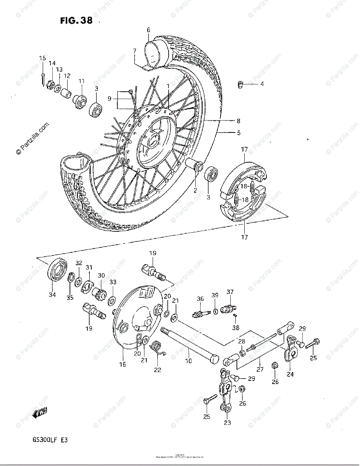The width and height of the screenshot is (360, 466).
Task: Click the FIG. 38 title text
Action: [x=77, y=21]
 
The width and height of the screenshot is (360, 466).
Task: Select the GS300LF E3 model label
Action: [x=51, y=441]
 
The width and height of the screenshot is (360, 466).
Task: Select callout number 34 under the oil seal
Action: [x=52, y=294]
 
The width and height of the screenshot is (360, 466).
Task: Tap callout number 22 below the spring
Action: [x=157, y=370]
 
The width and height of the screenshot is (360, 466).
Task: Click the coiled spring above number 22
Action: [x=158, y=346]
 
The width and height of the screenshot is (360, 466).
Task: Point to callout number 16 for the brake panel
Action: [x=123, y=364]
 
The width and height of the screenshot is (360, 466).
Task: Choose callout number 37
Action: [x=230, y=292]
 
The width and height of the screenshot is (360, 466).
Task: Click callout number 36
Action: [x=200, y=299]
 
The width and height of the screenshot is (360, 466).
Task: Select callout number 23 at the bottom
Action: [x=228, y=423]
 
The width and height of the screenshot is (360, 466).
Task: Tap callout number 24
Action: [x=290, y=374]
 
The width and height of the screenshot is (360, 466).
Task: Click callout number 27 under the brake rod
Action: [x=260, y=369]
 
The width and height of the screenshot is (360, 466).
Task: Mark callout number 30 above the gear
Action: [x=101, y=275]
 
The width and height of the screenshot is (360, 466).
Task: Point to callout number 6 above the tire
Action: [x=148, y=30]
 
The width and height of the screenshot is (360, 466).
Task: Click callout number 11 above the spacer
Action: [x=82, y=81]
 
